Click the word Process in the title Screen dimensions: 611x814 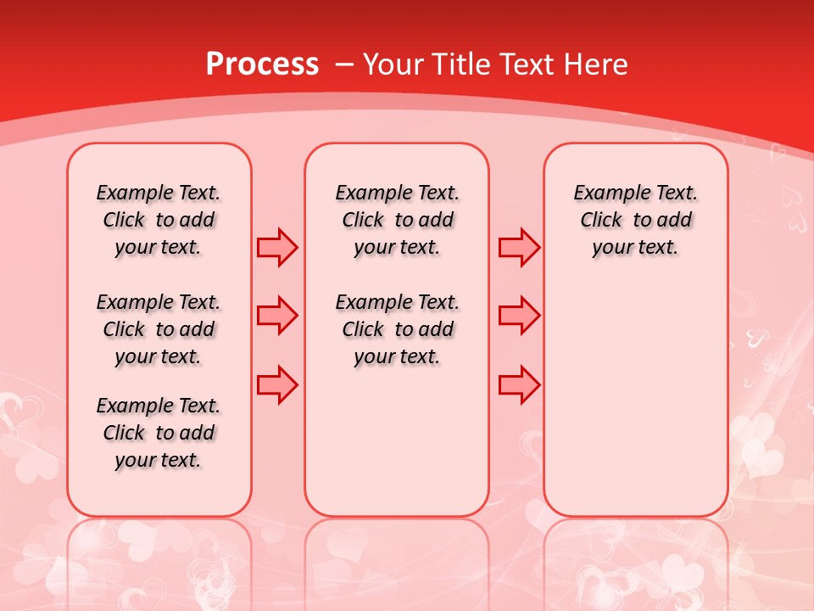click(262, 64)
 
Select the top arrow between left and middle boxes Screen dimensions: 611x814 click(277, 247)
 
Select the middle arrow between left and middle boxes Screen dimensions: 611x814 click(277, 316)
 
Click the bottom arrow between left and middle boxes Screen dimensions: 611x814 click(277, 384)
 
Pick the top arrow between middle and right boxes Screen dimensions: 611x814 click(519, 247)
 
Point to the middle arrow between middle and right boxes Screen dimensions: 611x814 click(519, 316)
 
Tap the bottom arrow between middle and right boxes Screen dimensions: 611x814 click(519, 384)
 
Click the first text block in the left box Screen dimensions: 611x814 click(159, 220)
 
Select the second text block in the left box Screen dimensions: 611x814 click(159, 329)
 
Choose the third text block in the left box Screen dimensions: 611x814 click(159, 433)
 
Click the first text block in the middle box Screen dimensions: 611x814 click(398, 220)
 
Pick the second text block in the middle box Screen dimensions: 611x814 click(398, 329)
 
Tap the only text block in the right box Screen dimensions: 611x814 click(636, 220)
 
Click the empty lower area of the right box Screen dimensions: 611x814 click(636, 399)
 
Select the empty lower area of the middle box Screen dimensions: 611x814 click(397, 441)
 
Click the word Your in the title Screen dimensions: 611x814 click(393, 64)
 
